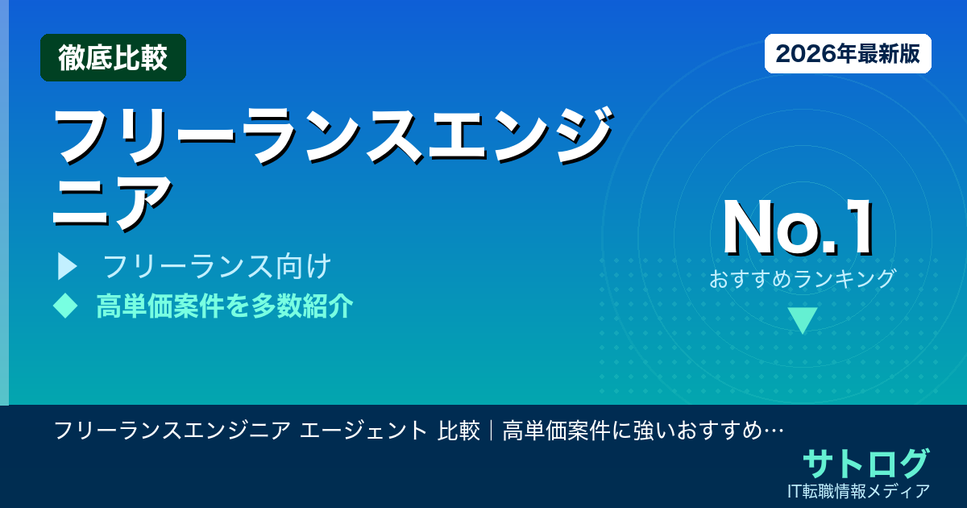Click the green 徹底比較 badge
point(113,58)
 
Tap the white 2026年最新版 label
point(848,54)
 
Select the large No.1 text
point(798,228)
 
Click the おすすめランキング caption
point(803,279)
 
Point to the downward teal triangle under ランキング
point(803,320)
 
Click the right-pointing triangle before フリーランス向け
point(67,266)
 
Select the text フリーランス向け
point(218,266)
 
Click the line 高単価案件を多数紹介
point(224,306)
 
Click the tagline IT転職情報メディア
point(860,490)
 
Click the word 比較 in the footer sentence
point(459,431)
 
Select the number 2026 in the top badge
point(802,54)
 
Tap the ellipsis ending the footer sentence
point(774,431)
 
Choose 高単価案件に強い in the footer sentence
point(580,431)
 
